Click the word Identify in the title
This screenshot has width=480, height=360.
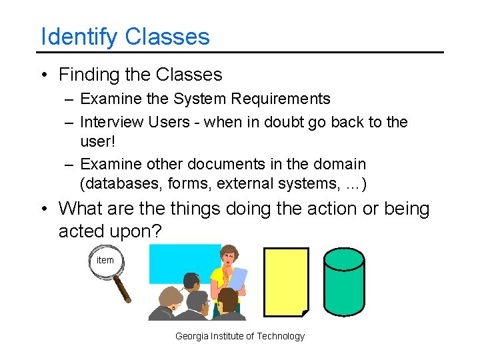point(79,37)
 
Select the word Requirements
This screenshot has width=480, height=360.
point(280,99)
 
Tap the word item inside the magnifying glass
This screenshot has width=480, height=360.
point(105,260)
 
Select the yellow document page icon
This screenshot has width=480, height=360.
point(286,281)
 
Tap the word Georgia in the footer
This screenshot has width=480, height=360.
point(191,336)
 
